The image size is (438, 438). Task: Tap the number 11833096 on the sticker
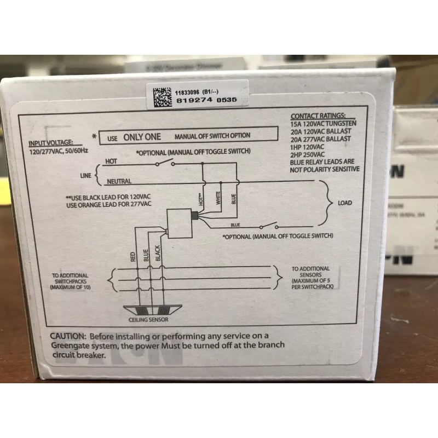[188, 92]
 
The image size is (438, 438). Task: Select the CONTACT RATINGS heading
[318, 117]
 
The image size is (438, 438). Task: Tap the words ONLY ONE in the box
[142, 137]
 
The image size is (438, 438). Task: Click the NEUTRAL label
[119, 181]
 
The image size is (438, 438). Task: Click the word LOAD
[345, 203]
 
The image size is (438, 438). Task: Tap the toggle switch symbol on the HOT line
[164, 163]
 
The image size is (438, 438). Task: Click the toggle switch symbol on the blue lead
[268, 226]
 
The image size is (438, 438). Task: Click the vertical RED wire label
[133, 257]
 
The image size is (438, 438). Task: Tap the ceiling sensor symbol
[148, 311]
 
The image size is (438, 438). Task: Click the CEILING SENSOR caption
[148, 320]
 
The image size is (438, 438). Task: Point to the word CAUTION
[68, 336]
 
